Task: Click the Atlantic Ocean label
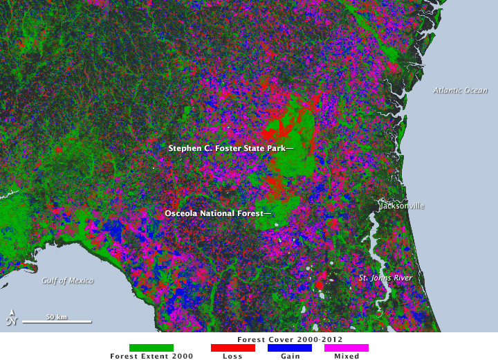(460, 90)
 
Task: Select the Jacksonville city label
(401, 206)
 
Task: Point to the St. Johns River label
(385, 278)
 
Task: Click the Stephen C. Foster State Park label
(230, 148)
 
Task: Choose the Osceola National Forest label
(217, 214)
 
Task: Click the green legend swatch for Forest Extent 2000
(151, 348)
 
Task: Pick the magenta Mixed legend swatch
(347, 348)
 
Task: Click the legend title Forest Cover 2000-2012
(290, 340)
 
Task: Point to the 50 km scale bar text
(57, 316)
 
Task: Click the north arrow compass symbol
(11, 318)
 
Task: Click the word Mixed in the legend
(347, 356)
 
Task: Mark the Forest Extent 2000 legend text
(151, 356)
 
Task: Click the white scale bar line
(57, 322)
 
